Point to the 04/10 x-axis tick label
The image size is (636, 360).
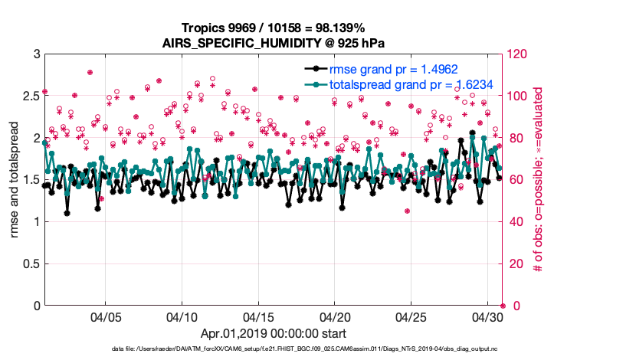[x=182, y=317]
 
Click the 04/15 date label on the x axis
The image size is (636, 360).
[x=258, y=317]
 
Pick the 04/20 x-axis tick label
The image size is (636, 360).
[x=335, y=317]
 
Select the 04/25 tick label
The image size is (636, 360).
[x=411, y=317]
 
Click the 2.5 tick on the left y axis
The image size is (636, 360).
[x=30, y=97]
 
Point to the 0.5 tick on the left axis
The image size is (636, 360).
[x=30, y=264]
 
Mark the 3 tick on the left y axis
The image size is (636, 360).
[x=35, y=54]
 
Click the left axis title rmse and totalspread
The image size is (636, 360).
[x=15, y=180]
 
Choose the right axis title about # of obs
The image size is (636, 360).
[x=539, y=180]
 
